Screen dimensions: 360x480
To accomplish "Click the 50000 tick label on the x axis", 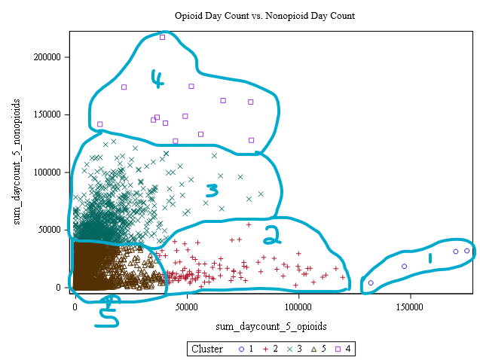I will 187,307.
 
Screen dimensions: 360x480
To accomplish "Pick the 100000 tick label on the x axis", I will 298,307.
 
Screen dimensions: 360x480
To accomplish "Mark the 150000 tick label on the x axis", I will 409,307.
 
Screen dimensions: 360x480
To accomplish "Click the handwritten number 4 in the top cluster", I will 157,78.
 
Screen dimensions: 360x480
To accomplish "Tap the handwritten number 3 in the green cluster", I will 212,189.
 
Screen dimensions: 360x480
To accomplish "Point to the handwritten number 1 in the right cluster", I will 430,258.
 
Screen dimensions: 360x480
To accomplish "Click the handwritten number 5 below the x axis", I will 111,310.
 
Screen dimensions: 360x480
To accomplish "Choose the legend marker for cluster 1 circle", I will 240,349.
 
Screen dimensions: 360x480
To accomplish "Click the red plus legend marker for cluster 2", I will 264,349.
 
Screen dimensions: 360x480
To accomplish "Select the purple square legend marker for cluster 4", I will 338,349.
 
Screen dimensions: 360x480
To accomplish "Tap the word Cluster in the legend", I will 207,349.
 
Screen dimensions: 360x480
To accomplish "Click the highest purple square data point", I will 162,37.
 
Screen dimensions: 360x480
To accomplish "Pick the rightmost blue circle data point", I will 467,251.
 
